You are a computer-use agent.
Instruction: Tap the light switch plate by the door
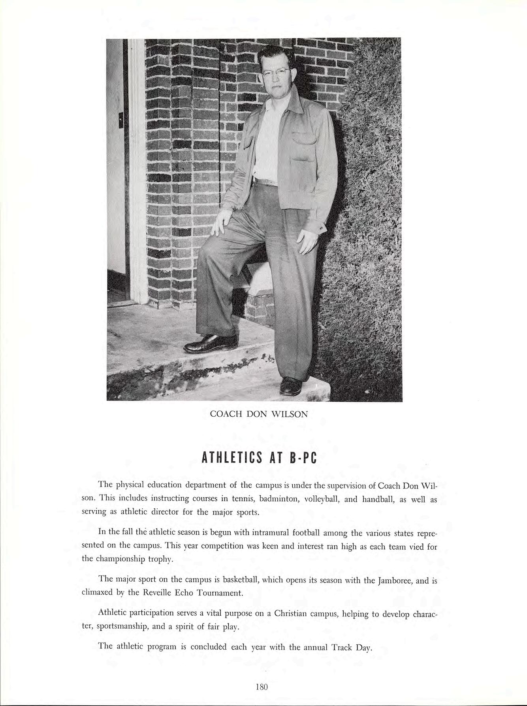(x=121, y=119)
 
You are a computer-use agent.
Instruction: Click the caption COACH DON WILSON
(x=259, y=414)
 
